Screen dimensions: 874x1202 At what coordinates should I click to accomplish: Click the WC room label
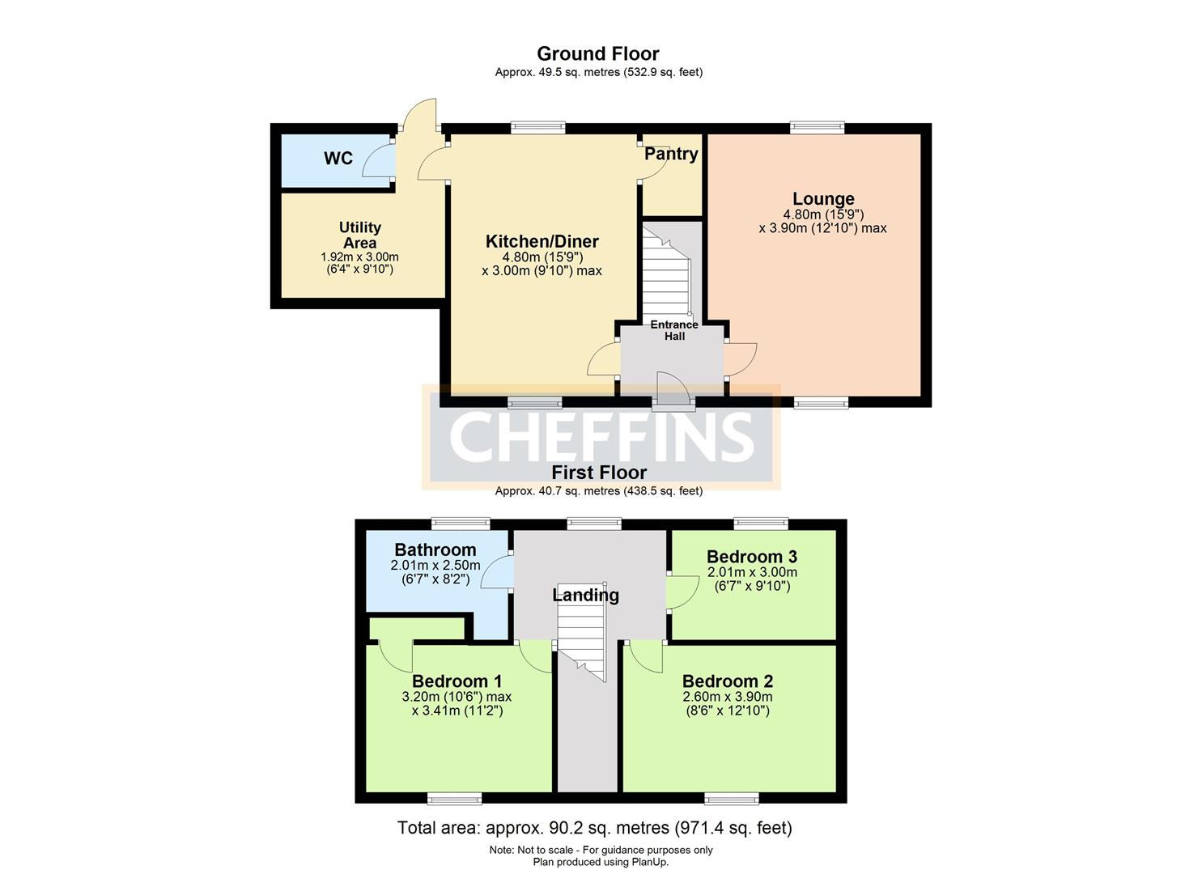point(338,158)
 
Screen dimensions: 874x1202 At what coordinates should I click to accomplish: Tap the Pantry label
point(671,154)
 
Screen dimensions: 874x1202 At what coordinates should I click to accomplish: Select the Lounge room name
point(823,198)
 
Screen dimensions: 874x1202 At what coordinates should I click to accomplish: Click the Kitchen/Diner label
point(542,241)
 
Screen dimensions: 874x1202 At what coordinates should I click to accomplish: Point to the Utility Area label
point(359,235)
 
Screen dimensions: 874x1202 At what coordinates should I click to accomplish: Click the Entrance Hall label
point(674,330)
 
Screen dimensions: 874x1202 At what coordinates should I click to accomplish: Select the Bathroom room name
point(435,549)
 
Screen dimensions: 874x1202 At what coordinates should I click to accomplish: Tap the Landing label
point(585,595)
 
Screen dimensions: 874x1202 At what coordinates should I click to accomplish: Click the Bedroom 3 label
point(751,556)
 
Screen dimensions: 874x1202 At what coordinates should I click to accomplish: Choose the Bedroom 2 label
point(727,681)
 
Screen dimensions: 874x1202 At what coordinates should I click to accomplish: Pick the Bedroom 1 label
point(457,681)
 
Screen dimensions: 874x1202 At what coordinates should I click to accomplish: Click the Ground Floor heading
point(598,53)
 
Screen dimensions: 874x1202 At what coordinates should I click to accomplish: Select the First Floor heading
point(599,473)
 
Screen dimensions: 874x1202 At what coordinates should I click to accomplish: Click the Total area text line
point(594,828)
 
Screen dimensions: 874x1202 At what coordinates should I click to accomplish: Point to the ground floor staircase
point(666,271)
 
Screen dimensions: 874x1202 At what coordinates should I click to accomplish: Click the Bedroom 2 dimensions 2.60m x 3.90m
point(727,697)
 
